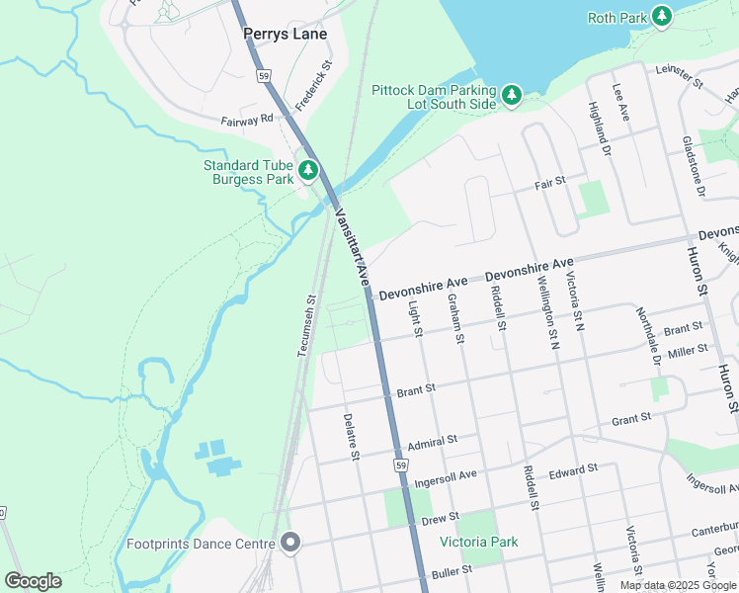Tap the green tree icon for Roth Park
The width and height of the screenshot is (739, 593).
[x=661, y=17]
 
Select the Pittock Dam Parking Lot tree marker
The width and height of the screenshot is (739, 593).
[x=511, y=95]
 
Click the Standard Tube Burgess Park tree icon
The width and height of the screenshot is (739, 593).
[x=308, y=171]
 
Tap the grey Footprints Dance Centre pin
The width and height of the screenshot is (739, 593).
[x=289, y=543]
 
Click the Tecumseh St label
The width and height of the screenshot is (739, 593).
[x=307, y=325]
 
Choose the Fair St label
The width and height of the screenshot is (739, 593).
[x=549, y=182]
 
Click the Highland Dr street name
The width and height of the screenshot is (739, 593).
[x=600, y=128]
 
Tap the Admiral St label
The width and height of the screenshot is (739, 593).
[x=433, y=440]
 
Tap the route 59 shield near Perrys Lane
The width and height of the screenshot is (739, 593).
[x=262, y=74]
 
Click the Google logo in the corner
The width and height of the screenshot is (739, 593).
[x=34, y=580]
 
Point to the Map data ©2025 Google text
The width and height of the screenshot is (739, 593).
[x=678, y=585]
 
